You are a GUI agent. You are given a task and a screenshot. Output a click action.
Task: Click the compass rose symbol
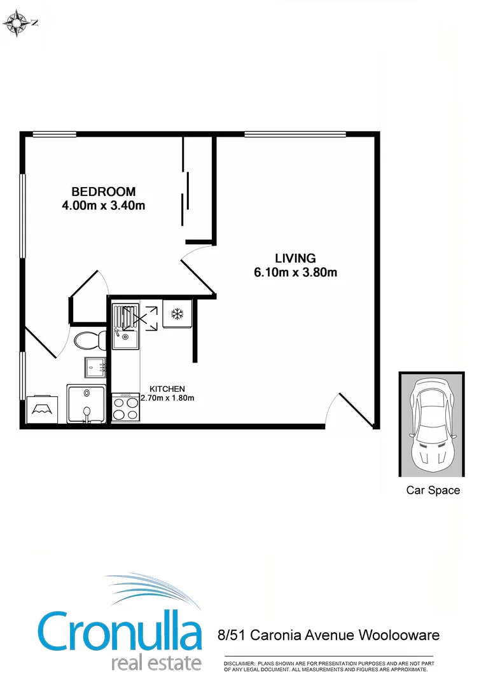18,24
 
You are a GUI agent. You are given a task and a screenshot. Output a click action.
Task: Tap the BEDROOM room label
103,191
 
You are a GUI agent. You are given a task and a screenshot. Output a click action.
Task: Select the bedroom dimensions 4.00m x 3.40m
103,205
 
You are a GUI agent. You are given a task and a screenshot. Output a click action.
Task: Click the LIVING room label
295,258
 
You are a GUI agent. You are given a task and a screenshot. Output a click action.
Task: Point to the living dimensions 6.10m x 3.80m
295,273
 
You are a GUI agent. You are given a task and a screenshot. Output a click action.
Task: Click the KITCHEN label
167,389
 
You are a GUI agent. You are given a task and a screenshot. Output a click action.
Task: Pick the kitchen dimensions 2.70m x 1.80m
167,398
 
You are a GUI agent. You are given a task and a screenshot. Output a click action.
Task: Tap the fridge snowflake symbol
177,314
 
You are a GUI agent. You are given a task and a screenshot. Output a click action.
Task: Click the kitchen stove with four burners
125,407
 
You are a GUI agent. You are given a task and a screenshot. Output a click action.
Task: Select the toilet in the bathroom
90,340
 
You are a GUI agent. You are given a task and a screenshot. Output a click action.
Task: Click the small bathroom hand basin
95,366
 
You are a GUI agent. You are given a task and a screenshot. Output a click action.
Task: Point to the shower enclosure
88,403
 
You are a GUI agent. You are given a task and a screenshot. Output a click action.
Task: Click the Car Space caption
433,490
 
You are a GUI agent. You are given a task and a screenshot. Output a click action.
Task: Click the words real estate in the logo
156,662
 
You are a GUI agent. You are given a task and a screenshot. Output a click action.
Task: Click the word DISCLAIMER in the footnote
239,663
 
